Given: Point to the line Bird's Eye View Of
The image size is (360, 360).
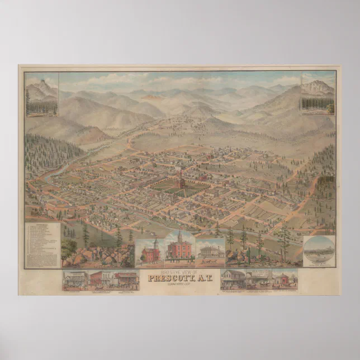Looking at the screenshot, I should click(179, 272).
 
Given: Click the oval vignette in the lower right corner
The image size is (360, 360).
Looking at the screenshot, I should click(319, 250).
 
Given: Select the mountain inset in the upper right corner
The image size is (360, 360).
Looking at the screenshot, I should click(318, 94).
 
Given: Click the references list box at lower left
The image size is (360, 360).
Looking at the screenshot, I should click(43, 244).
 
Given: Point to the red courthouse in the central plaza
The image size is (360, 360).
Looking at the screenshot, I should click(179, 182).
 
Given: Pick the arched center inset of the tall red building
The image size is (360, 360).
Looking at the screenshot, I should click(180, 247).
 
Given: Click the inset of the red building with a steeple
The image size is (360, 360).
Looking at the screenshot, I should click(150, 252).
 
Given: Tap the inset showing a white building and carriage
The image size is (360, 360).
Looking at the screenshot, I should click(210, 253).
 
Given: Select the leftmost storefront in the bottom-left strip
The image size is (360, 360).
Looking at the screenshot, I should click(74, 280).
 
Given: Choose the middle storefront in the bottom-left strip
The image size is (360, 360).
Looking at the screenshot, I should click(101, 280).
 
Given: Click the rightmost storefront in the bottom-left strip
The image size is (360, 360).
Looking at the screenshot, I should click(126, 280).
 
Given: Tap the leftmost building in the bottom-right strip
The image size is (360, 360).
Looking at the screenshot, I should click(234, 279).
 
